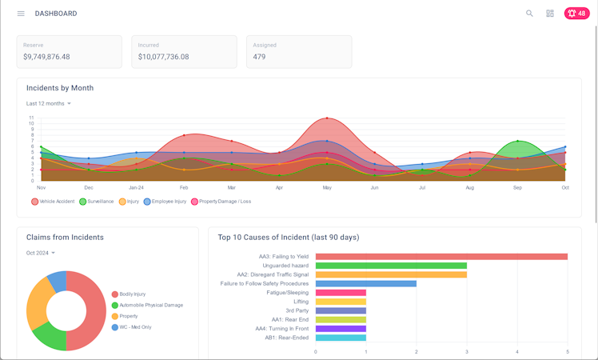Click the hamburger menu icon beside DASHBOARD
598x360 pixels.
click(x=21, y=14)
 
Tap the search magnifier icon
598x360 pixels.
click(x=529, y=14)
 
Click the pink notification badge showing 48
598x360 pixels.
click(x=576, y=14)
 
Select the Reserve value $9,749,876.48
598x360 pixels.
click(x=46, y=57)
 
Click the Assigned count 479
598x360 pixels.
click(x=259, y=57)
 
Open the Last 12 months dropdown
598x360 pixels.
click(x=49, y=104)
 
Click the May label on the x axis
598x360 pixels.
click(x=326, y=187)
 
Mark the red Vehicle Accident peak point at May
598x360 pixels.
click(x=326, y=118)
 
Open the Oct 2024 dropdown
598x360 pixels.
click(x=41, y=254)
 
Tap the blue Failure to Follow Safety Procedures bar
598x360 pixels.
click(x=365, y=283)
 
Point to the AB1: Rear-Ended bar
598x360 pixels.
click(x=341, y=338)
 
